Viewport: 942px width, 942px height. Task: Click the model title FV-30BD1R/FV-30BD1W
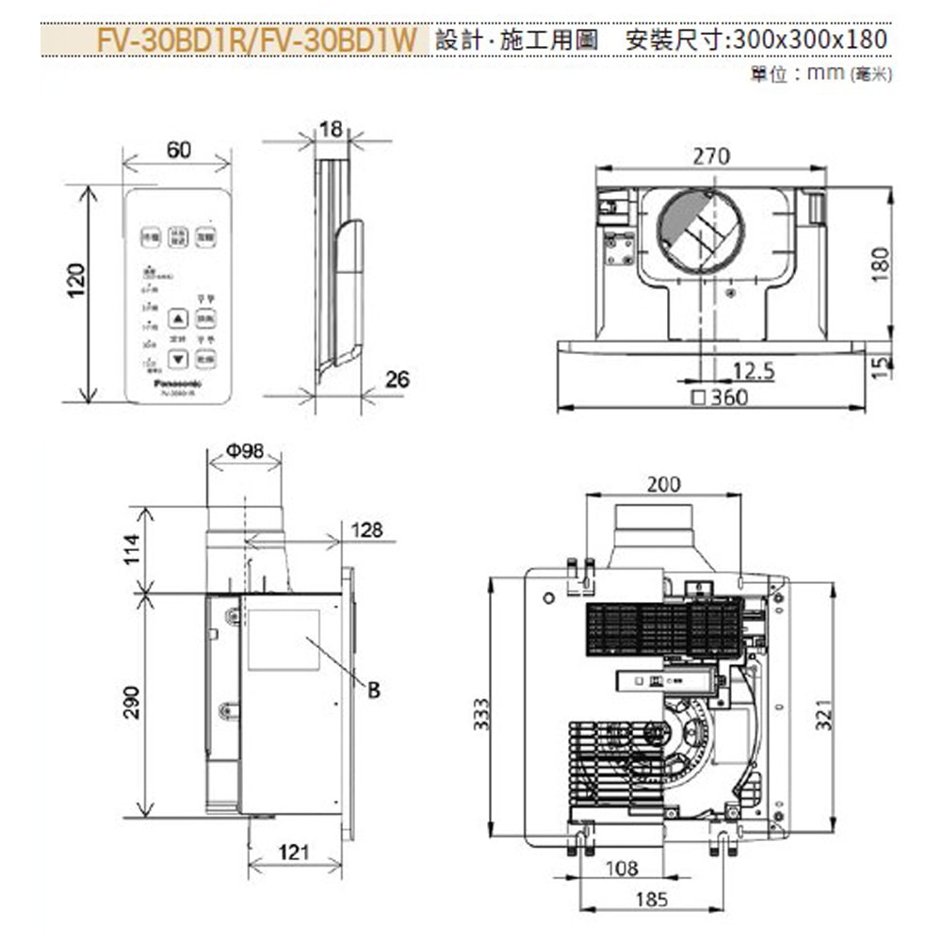pos(256,41)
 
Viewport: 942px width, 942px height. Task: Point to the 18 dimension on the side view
pos(331,130)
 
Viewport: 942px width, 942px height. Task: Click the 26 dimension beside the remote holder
pos(397,379)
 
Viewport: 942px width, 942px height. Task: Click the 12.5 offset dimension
pos(753,371)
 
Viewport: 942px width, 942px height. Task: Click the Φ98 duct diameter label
pos(244,451)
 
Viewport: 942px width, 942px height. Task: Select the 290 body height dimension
pos(132,703)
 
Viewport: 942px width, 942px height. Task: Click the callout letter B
pos(373,690)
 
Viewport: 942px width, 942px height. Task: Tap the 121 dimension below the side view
pos(294,853)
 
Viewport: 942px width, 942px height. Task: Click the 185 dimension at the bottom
pos(651,900)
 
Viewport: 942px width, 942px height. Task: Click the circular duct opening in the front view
pos(700,231)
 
